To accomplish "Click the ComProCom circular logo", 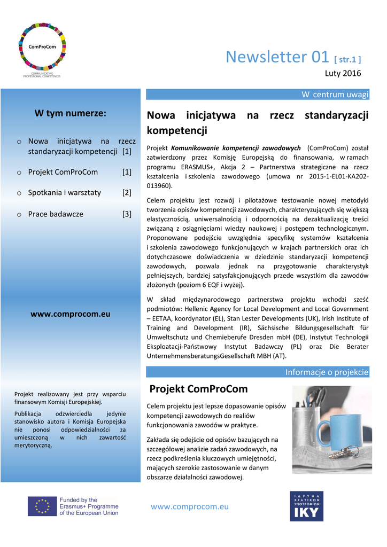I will click(42, 47).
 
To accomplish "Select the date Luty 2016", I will click(343, 73).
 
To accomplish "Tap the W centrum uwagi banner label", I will click(335, 95).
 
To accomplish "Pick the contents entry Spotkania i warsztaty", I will click(64, 192).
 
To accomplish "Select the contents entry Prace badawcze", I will click(56, 214).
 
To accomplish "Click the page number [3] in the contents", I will click(127, 214).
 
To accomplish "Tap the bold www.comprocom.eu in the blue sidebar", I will click(70, 314).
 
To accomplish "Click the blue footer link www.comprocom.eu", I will click(190, 506).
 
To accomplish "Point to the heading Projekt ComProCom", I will click(198, 388).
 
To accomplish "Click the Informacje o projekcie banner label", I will click(327, 372).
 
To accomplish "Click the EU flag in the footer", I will click(42, 506).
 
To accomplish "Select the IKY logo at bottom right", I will click(306, 506).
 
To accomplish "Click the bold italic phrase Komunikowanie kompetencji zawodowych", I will click(236, 147).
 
